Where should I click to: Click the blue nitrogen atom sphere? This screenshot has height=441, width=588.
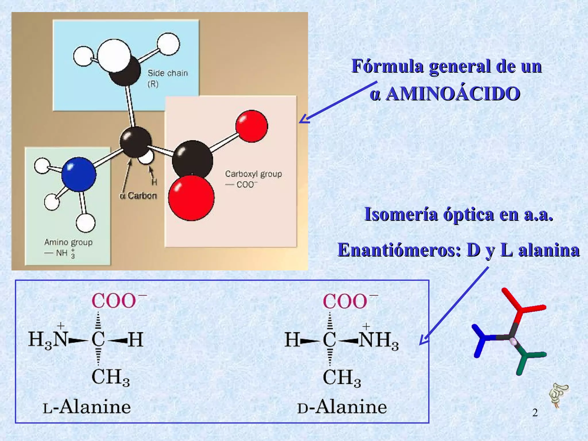coord(79,174)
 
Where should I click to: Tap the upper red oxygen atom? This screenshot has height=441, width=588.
coord(252,126)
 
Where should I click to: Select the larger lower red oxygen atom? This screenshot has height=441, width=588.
coord(191,198)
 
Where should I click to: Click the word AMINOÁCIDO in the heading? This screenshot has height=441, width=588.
coord(453,94)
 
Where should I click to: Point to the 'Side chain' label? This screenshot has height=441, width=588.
coord(167,73)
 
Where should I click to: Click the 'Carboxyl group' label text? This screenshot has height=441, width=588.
coord(253,174)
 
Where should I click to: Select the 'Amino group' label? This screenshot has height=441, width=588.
coord(68,242)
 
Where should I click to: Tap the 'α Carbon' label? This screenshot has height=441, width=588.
coord(138,196)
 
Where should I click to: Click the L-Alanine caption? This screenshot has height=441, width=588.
coord(87,407)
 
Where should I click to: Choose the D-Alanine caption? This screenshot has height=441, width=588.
coord(342,407)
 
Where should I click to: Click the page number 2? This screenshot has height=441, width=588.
coord(535,413)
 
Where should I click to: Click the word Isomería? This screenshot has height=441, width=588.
coord(401,214)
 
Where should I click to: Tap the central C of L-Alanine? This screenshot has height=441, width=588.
coord(98,340)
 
